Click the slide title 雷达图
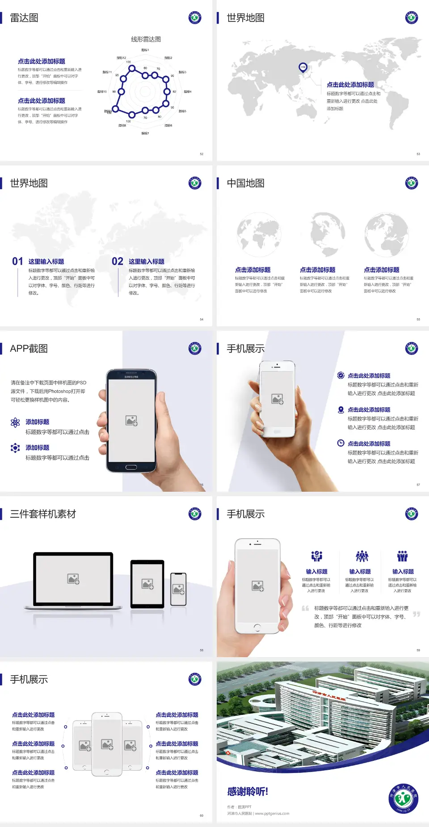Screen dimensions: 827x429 pyautogui.click(x=24, y=18)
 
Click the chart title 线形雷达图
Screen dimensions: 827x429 pyautogui.click(x=146, y=39)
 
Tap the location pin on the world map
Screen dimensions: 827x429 pyautogui.click(x=303, y=68)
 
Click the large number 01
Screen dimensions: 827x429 pyautogui.click(x=17, y=261)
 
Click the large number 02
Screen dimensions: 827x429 pyautogui.click(x=118, y=261)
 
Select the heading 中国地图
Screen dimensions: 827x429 pyautogui.click(x=245, y=183)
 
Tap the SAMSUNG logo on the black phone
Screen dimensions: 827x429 pyautogui.click(x=131, y=377)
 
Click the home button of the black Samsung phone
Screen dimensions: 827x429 pyautogui.click(x=131, y=467)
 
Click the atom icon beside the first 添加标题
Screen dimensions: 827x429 pyautogui.click(x=15, y=422)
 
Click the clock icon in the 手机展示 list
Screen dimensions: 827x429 pyautogui.click(x=341, y=443)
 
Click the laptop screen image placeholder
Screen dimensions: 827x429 pyautogui.click(x=73, y=579)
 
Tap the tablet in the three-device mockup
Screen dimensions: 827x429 pyautogui.click(x=147, y=583)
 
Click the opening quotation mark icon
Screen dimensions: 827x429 pyautogui.click(x=305, y=608)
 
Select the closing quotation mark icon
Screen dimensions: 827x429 pyautogui.click(x=416, y=614)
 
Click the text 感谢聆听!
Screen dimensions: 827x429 pyautogui.click(x=248, y=792)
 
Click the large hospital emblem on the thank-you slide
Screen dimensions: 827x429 pyautogui.click(x=404, y=799)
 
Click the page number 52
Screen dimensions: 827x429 pyautogui.click(x=202, y=154)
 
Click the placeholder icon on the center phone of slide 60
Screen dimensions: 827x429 pyautogui.click(x=107, y=744)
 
